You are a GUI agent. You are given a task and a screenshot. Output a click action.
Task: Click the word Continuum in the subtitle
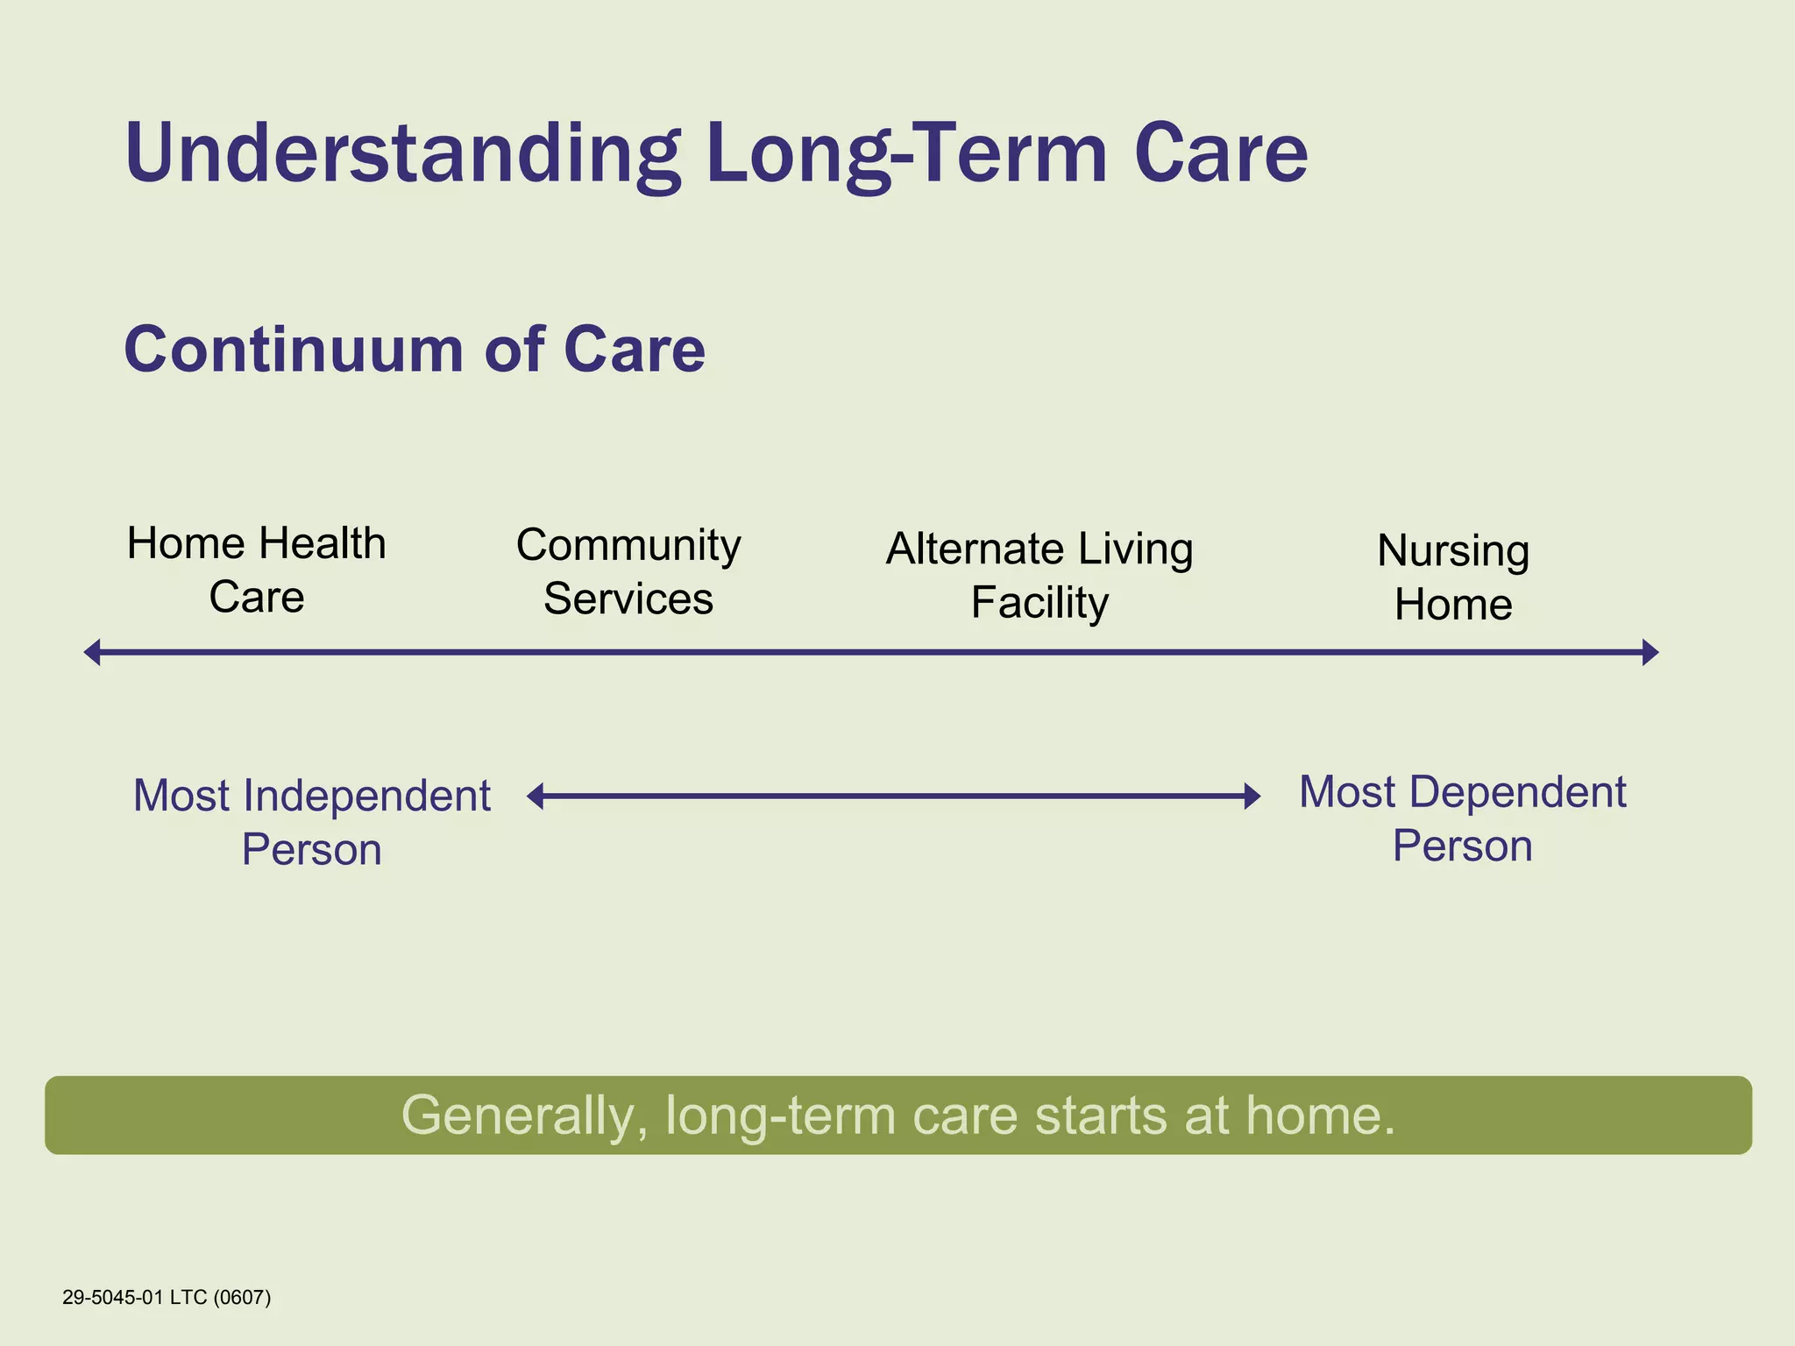click(x=293, y=350)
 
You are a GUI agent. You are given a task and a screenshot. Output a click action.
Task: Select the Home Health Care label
click(x=256, y=570)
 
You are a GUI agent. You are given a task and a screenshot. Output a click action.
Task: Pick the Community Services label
click(x=628, y=571)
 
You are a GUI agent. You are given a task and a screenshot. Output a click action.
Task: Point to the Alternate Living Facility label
click(x=1039, y=575)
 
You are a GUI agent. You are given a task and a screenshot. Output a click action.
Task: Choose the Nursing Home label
click(x=1453, y=577)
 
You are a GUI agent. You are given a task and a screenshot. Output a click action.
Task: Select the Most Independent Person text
click(x=311, y=821)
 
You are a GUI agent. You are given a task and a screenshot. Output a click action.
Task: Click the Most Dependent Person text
click(x=1462, y=818)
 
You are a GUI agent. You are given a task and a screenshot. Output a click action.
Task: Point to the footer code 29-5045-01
click(x=112, y=1297)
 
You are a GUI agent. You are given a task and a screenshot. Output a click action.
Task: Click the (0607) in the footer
click(x=242, y=1297)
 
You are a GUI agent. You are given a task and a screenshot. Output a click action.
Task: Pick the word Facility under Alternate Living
click(x=1039, y=602)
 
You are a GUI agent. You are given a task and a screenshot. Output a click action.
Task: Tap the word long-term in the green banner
click(x=781, y=1116)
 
